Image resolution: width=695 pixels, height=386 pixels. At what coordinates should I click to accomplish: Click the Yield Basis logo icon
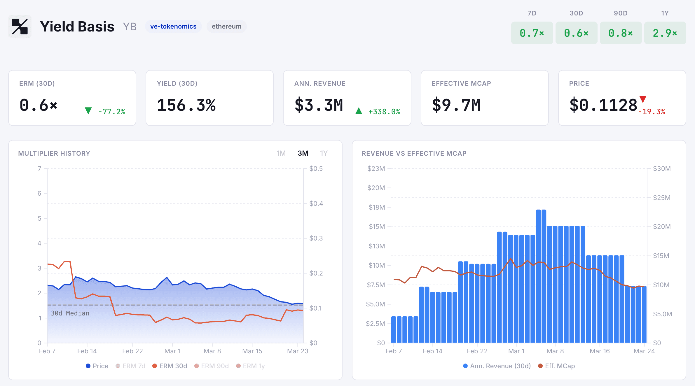pyautogui.click(x=20, y=27)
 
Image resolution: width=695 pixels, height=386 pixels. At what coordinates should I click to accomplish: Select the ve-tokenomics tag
pyautogui.click(x=173, y=27)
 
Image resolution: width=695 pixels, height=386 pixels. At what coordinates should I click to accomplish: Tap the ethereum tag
pyautogui.click(x=226, y=27)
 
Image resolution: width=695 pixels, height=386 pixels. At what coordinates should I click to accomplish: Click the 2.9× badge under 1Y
pyautogui.click(x=665, y=33)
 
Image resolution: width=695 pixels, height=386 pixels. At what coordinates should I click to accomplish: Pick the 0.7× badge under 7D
pyautogui.click(x=532, y=33)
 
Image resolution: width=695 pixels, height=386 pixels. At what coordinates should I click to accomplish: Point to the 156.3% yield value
pyautogui.click(x=186, y=105)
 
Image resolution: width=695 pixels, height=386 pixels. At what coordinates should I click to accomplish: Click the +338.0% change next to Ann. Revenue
pyautogui.click(x=384, y=112)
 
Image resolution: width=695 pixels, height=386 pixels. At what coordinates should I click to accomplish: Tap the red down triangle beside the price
pyautogui.click(x=642, y=99)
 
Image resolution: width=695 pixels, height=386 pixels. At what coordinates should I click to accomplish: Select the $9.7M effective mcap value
pyautogui.click(x=456, y=105)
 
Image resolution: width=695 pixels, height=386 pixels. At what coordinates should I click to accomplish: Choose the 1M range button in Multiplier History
pyautogui.click(x=281, y=153)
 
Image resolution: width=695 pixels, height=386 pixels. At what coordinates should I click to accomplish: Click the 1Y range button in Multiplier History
pyautogui.click(x=324, y=153)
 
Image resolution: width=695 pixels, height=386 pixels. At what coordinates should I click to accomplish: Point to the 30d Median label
pyautogui.click(x=70, y=313)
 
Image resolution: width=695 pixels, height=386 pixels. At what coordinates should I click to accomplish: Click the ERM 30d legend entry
pyautogui.click(x=170, y=366)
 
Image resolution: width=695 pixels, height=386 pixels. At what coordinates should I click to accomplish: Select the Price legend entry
pyautogui.click(x=97, y=366)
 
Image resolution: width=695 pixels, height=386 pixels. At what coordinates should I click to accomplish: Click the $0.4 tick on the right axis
pyautogui.click(x=316, y=203)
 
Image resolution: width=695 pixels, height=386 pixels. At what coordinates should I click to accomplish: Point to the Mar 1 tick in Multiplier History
pyautogui.click(x=172, y=351)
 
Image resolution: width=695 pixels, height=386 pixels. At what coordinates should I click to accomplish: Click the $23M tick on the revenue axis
pyautogui.click(x=376, y=169)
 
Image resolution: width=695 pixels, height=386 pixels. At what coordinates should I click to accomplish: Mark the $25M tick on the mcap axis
pyautogui.click(x=661, y=198)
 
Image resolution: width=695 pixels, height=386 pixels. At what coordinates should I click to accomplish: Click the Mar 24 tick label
pyautogui.click(x=644, y=351)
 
